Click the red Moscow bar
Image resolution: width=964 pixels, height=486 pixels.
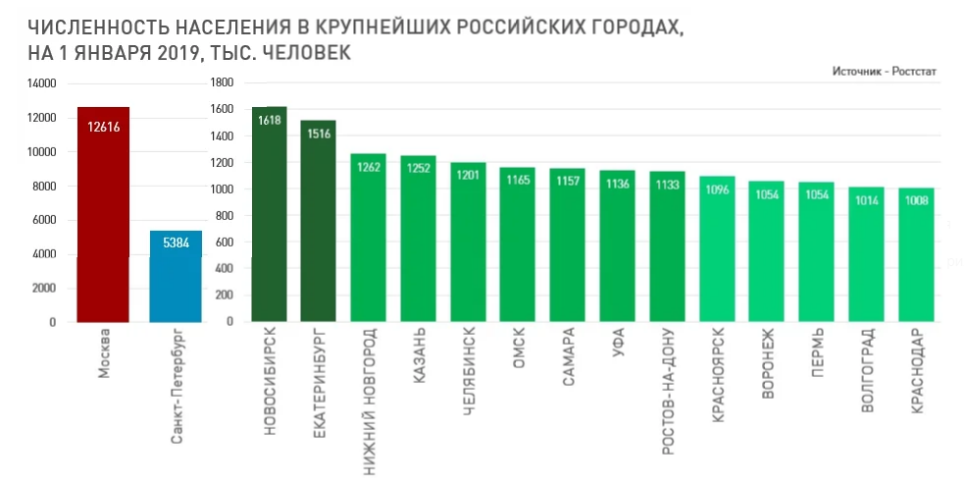103,216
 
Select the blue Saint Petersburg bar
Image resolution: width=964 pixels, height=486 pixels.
176,277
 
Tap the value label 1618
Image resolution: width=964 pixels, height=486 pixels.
269,120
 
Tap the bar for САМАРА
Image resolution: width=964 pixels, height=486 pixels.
568,245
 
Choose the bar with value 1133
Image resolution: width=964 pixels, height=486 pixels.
667,246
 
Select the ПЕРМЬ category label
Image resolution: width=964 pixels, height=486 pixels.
817,354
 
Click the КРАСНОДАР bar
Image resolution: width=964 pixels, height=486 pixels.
916,254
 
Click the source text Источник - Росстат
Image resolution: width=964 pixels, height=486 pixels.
885,72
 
